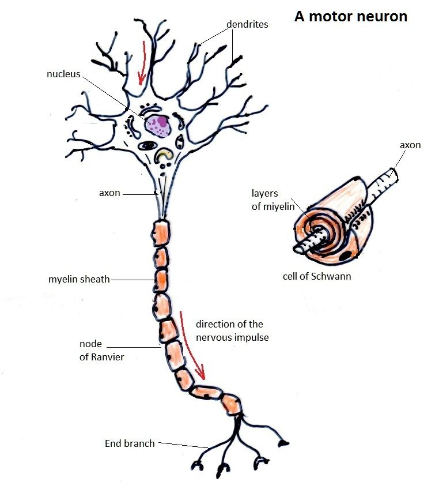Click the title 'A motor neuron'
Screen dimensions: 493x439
click(351, 16)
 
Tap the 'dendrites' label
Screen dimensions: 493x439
click(247, 24)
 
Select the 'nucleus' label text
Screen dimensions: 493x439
click(63, 74)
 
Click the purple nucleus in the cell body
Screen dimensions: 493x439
click(157, 124)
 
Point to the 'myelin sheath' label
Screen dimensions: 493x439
click(79, 280)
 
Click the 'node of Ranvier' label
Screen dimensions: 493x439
click(101, 350)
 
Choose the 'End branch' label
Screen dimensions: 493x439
click(130, 443)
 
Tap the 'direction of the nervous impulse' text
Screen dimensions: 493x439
click(232, 330)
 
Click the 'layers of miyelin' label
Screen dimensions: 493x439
click(273, 200)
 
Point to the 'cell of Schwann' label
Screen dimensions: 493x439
click(317, 276)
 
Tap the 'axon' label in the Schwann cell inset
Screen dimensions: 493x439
click(410, 145)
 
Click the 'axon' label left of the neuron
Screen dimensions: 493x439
click(109, 193)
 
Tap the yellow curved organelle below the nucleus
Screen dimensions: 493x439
click(165, 154)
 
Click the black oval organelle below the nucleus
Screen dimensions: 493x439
click(150, 146)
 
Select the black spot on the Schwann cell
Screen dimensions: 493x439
click(348, 254)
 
